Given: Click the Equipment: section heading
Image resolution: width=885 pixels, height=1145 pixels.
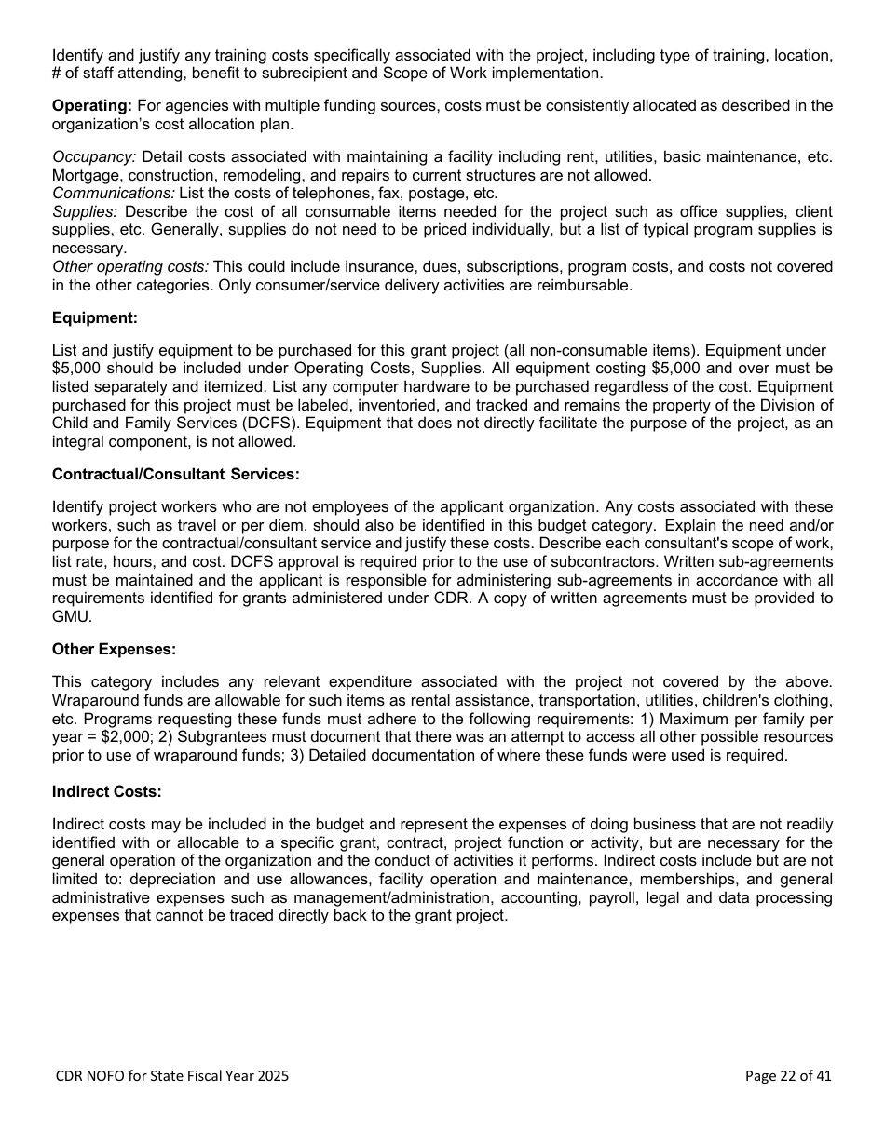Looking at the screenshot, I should pyautogui.click(x=94, y=318).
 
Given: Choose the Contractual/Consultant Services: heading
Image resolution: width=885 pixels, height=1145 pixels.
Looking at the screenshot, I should pyautogui.click(x=175, y=474).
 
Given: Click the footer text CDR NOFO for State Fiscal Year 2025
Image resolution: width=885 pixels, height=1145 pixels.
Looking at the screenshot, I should pyautogui.click(x=171, y=1076).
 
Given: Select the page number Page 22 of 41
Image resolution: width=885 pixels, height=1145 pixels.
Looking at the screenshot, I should pyautogui.click(x=788, y=1076).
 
